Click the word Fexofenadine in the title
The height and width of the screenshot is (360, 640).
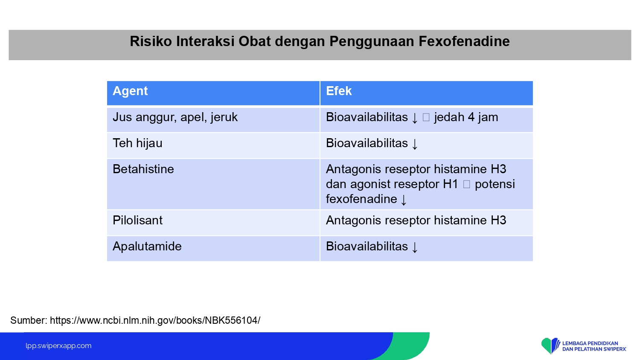(x=464, y=41)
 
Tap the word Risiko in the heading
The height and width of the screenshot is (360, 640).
(x=151, y=41)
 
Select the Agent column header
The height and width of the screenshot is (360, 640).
(x=130, y=91)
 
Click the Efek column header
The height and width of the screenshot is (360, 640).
(x=339, y=91)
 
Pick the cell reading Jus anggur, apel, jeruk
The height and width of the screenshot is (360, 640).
(x=175, y=117)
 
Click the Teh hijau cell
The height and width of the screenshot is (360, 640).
(x=137, y=143)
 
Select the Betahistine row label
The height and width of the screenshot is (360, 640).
(x=143, y=169)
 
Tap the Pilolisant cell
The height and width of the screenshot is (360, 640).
(x=137, y=220)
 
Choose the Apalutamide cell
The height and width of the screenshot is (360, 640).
(x=147, y=246)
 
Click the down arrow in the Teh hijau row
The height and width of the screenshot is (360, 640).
(x=415, y=144)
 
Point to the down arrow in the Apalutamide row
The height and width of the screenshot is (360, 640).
(x=415, y=247)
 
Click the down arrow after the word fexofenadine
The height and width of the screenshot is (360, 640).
(x=404, y=200)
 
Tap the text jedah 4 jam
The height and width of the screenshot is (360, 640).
(x=466, y=117)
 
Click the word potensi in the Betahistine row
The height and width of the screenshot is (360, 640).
(x=495, y=184)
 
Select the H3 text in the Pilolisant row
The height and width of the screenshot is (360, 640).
(x=499, y=220)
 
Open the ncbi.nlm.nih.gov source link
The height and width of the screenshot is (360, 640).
(x=155, y=320)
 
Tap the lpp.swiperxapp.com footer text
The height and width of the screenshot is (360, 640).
(x=58, y=346)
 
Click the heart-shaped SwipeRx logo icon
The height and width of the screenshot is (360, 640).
(x=550, y=346)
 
